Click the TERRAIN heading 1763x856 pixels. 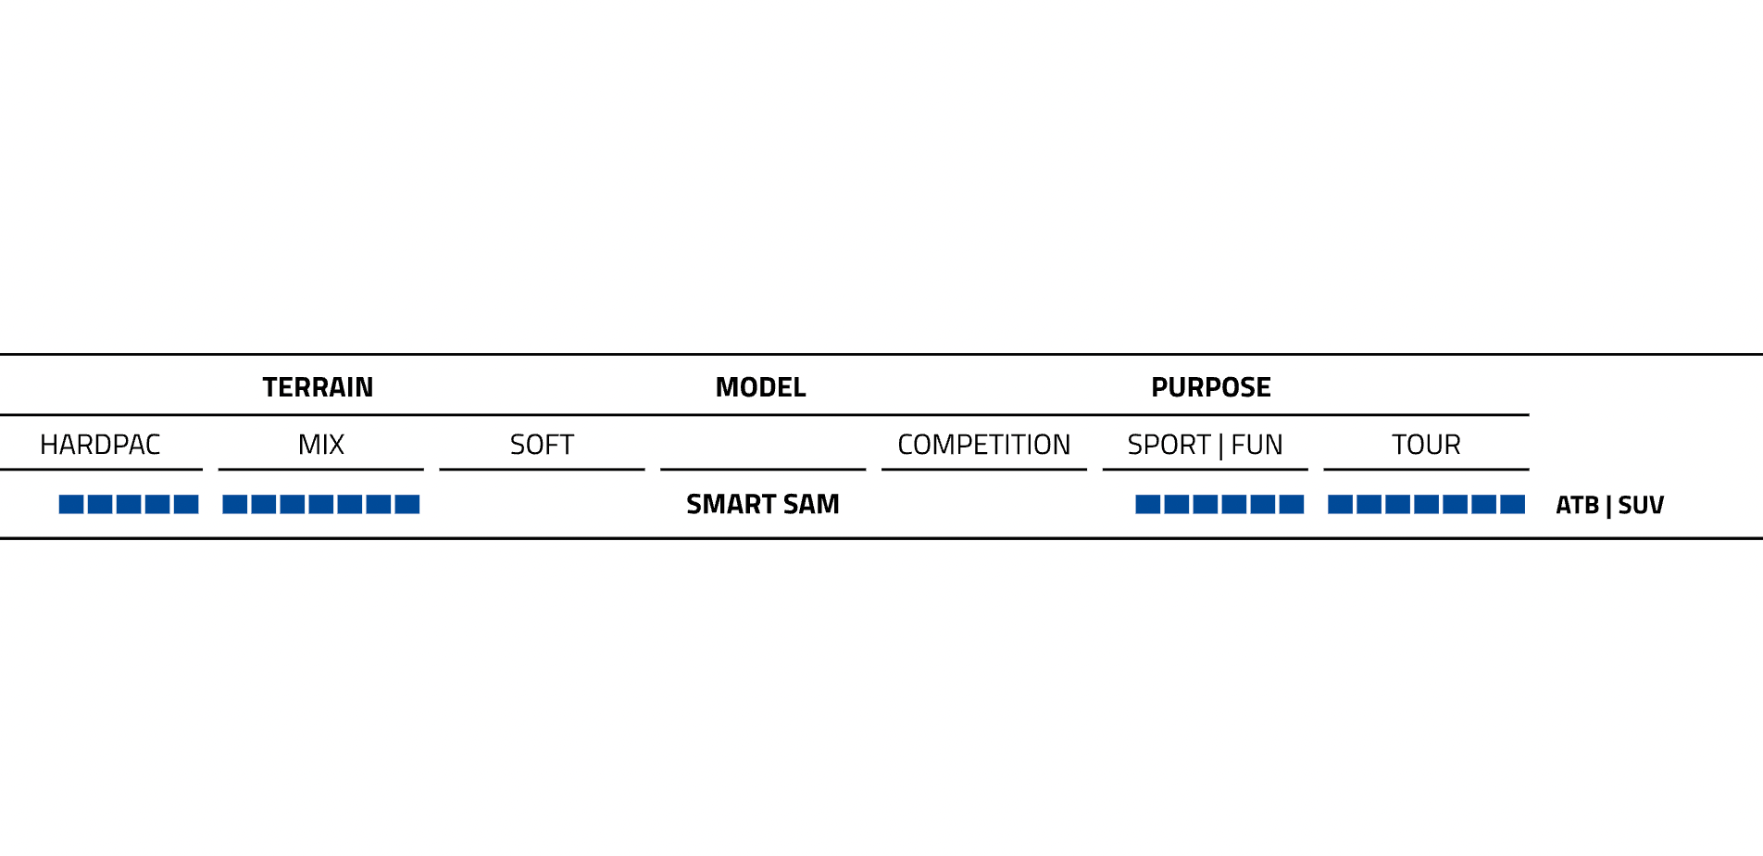click(318, 387)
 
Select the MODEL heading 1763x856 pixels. click(761, 387)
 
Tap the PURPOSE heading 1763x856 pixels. click(1211, 387)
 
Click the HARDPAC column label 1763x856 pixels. click(100, 445)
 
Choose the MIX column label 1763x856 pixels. click(321, 445)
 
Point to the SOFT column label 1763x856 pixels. click(542, 445)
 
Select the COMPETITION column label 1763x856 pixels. click(984, 445)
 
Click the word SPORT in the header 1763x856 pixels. click(1169, 445)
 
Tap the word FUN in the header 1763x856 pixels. click(1257, 445)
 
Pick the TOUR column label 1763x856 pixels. click(1426, 445)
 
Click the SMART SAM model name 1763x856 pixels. click(763, 504)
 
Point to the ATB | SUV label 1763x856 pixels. click(1610, 505)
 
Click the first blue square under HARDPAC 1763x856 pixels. click(71, 504)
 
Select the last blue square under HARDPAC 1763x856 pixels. click(186, 504)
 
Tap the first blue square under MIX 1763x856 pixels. click(235, 504)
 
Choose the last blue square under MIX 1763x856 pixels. click(407, 504)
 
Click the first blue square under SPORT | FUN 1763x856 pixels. click(1148, 504)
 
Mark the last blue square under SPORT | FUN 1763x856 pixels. click(1292, 504)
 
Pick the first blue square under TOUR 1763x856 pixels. click(1341, 504)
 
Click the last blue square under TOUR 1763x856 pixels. click(1513, 504)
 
